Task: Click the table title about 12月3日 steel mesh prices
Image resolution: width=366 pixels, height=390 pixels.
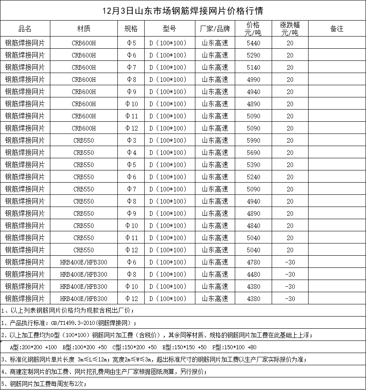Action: point(183,10)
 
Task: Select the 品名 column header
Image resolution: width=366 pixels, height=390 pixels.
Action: point(25,29)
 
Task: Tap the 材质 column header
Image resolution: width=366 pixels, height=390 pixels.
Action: point(83,29)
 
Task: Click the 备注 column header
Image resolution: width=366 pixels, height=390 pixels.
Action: point(337,29)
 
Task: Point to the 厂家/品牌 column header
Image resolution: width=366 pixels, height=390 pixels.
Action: point(215,29)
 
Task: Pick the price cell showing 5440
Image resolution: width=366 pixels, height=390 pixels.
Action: point(254,43)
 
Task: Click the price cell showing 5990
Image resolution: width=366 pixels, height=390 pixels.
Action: point(254,140)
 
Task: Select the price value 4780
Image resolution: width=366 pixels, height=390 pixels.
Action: point(254,262)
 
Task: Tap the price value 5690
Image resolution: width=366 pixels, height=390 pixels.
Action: point(254,152)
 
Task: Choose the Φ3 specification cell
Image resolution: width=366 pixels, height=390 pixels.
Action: point(131,140)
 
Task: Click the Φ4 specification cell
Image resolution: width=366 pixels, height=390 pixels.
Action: point(131,152)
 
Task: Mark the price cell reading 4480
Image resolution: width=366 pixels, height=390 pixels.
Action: point(254,274)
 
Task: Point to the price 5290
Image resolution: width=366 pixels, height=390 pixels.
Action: point(254,55)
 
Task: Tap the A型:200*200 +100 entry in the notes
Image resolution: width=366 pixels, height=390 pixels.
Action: point(33,347)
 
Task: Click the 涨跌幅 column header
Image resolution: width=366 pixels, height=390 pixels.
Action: point(290,29)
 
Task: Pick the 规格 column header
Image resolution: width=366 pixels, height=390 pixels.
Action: point(131,29)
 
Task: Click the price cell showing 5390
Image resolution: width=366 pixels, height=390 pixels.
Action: point(254,165)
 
